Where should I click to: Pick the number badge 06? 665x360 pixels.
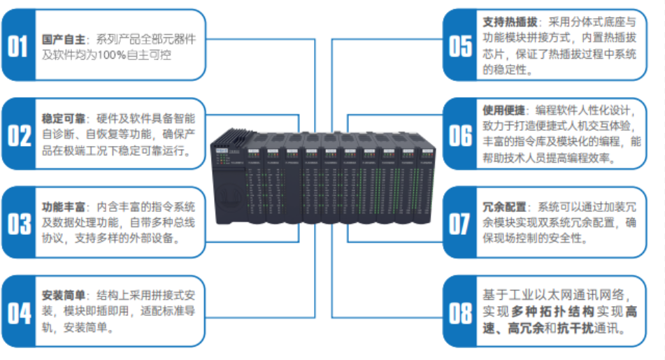click(x=459, y=134)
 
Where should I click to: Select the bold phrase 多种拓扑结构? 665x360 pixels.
click(x=552, y=311)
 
